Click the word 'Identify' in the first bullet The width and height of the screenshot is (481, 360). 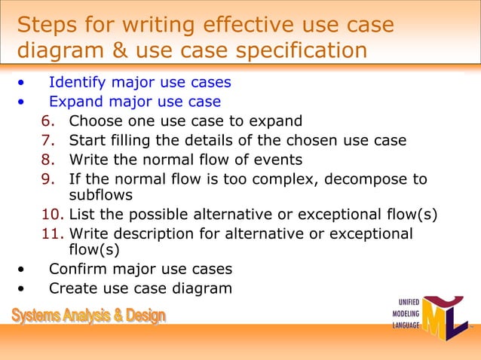(76, 82)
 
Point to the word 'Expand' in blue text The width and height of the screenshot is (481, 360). (75, 102)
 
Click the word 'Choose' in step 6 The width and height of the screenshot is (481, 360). (95, 121)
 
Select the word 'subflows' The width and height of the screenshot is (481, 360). (100, 195)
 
